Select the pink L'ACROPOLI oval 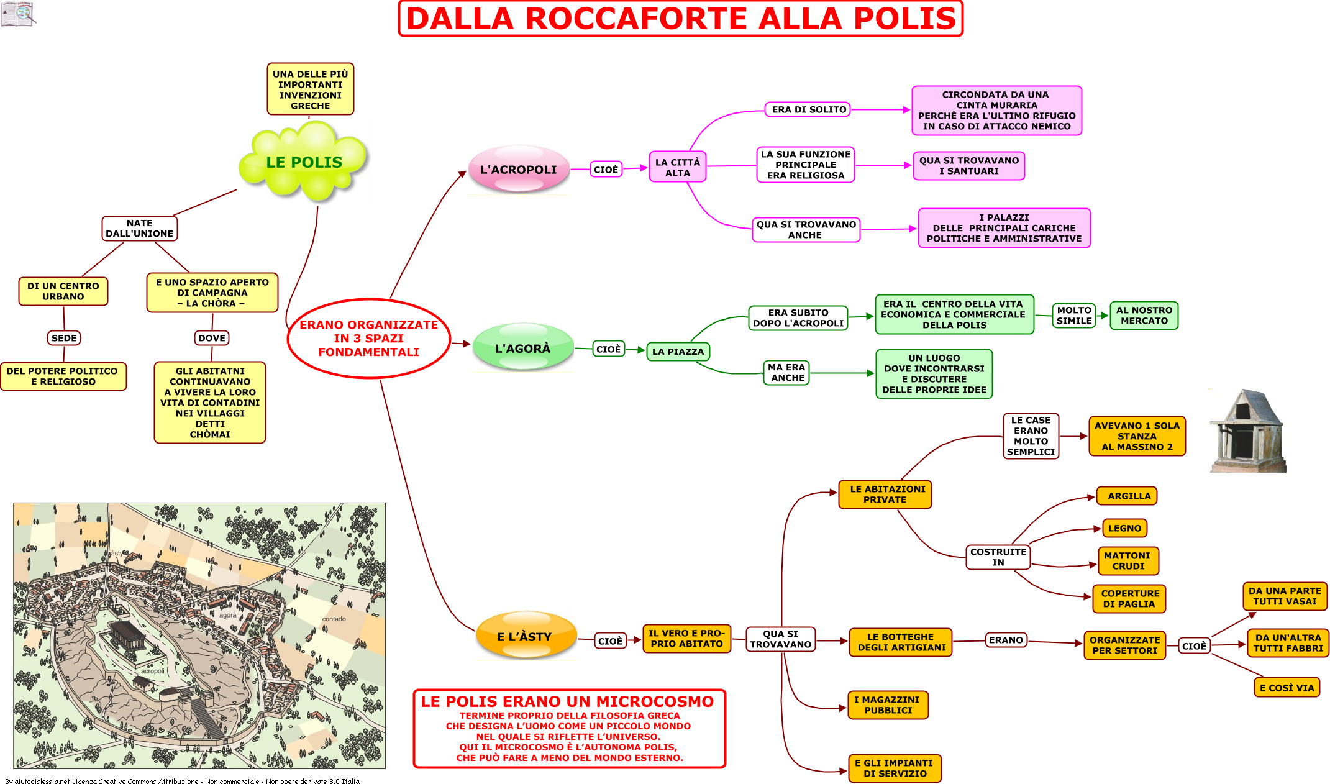(519, 169)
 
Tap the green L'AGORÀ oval (523, 348)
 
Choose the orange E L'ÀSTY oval (525, 636)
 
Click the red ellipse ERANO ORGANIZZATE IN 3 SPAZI (369, 339)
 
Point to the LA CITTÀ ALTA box (678, 167)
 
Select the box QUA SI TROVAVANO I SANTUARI (969, 166)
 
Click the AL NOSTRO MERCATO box (1144, 316)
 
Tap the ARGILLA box (1127, 496)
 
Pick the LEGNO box (1124, 528)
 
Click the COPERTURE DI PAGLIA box (1129, 599)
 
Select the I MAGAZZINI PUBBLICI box (888, 705)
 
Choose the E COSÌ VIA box (1287, 688)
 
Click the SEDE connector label (65, 338)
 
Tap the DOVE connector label (212, 338)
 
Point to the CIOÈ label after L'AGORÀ (608, 349)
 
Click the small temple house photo (1247, 431)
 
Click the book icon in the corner (19, 14)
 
